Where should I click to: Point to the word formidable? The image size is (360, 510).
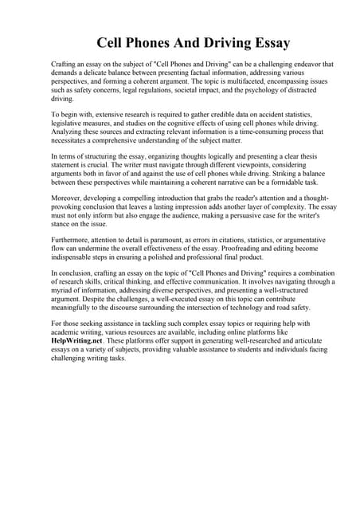268,184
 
